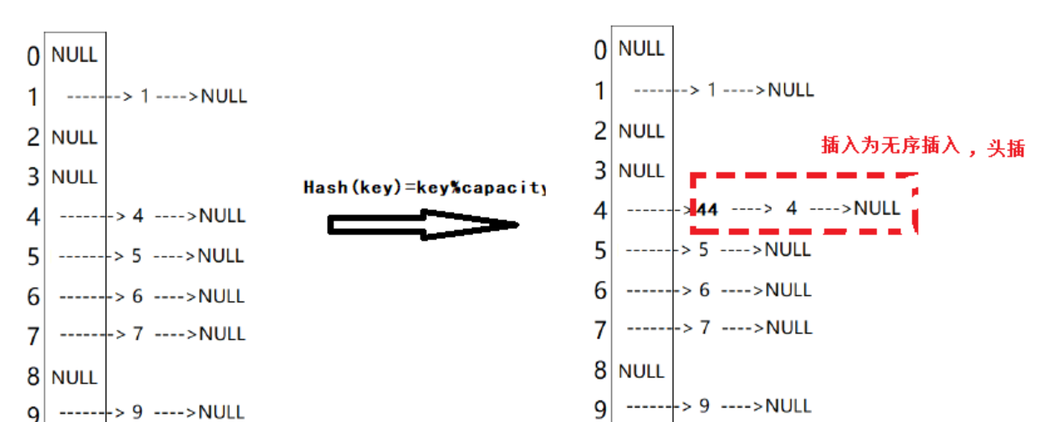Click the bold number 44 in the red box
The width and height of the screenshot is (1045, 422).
point(707,209)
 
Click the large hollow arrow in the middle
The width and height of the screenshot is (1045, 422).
point(423,225)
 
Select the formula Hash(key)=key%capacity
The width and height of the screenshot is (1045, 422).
point(424,188)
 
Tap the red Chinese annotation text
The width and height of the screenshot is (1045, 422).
point(922,146)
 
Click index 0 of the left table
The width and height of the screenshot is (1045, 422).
point(33,57)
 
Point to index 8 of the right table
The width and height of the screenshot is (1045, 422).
point(599,370)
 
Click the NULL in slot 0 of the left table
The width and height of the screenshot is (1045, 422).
point(74,55)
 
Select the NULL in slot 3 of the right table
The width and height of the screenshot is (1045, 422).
point(641,171)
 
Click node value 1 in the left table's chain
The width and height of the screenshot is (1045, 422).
point(145,96)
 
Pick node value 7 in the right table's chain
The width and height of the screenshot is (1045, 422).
point(704,328)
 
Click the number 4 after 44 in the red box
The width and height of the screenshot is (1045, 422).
point(792,208)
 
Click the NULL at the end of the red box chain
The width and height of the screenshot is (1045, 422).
point(877,208)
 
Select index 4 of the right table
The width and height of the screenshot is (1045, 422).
point(599,210)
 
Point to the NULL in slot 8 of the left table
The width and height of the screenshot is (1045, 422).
point(74,378)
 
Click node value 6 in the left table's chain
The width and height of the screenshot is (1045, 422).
point(138,296)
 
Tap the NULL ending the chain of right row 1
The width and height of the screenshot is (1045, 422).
point(791,89)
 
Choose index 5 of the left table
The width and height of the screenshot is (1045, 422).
point(33,257)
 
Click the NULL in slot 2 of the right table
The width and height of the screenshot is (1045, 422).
point(641,131)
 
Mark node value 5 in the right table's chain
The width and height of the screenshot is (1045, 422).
point(704,249)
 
